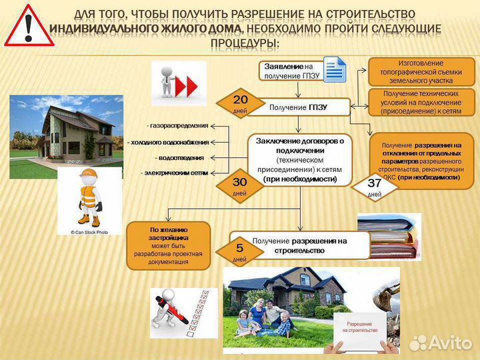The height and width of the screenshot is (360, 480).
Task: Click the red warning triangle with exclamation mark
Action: pyautogui.click(x=29, y=26)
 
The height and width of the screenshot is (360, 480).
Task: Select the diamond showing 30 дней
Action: pyautogui.click(x=239, y=186)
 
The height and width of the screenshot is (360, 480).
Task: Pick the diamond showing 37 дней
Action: pyautogui.click(x=375, y=187)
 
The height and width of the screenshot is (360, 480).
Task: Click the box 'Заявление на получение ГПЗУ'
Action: pyautogui.click(x=291, y=71)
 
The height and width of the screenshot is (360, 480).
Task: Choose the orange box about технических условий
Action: pyautogui.click(x=421, y=103)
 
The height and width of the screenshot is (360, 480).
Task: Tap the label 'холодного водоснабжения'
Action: pyautogui.click(x=169, y=142)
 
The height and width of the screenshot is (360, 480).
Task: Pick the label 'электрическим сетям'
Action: pyautogui.click(x=175, y=173)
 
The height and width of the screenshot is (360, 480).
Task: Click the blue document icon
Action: pyautogui.click(x=335, y=69)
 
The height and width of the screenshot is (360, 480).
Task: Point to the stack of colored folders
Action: pyautogui.click(x=389, y=237)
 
